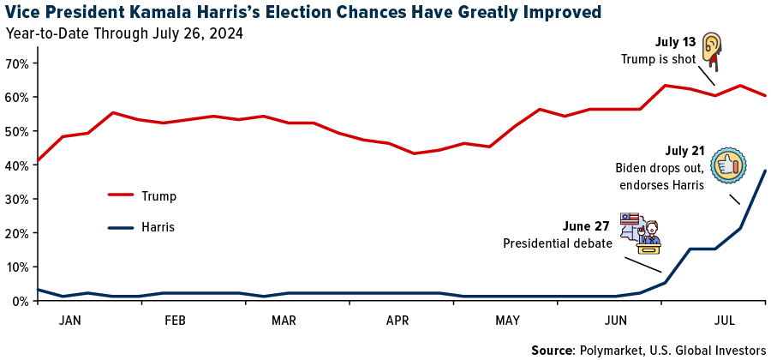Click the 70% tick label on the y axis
pyautogui.click(x=16, y=63)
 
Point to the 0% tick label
pyautogui.click(x=20, y=301)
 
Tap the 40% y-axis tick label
pyautogui.click(x=16, y=165)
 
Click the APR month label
pyautogui.click(x=397, y=321)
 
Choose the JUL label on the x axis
pyautogui.click(x=725, y=321)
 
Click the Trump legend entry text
pyautogui.click(x=159, y=196)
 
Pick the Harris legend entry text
pyautogui.click(x=159, y=228)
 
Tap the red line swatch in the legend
pyautogui.click(x=121, y=195)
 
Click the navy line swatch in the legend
pyautogui.click(x=121, y=227)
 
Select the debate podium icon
pyautogui.click(x=642, y=233)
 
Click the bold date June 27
pyautogui.click(x=586, y=227)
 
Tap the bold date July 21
pyautogui.click(x=684, y=151)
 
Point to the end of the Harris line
pyautogui.click(x=765, y=171)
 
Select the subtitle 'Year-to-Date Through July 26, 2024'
pyautogui.click(x=124, y=34)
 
